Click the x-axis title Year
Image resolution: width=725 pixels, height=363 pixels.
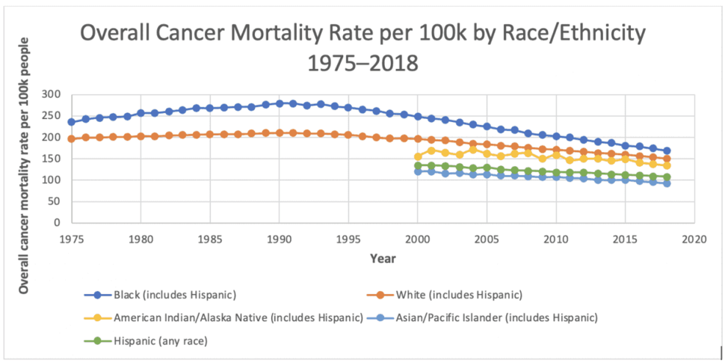pos(382,258)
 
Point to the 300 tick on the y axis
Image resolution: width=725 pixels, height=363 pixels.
pos(52,94)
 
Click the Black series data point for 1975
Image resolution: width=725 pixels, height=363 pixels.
pos(71,122)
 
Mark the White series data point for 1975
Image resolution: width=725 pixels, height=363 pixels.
pos(71,138)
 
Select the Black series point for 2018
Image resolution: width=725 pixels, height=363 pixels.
pos(667,150)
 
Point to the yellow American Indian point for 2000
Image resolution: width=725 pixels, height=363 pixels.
pos(418,156)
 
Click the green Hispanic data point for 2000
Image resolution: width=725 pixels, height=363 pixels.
pos(418,165)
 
